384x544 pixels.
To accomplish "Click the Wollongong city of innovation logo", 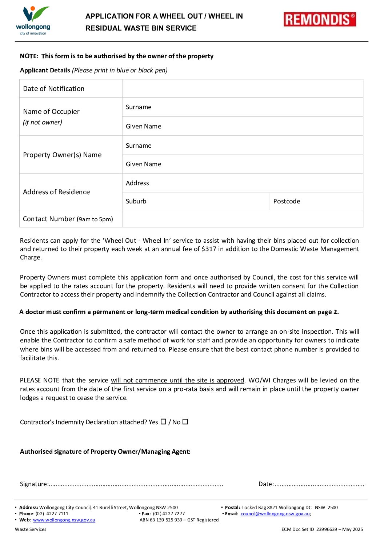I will point(33,20).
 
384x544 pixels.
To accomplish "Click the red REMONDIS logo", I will point(320,19).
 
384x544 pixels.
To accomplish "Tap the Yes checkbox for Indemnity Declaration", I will point(163,421).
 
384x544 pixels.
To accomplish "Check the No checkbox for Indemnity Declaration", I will point(185,421).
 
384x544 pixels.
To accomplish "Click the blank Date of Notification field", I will point(242,88).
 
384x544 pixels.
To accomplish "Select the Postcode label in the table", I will point(287,201).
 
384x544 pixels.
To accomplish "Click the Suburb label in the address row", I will point(136,201).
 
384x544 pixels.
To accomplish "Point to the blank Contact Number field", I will point(242,219).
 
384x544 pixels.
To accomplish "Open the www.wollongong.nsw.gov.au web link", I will point(64,520).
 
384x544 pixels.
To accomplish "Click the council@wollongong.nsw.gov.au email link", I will point(275,513).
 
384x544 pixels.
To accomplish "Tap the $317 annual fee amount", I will point(209,249).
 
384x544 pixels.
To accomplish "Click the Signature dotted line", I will point(136,484).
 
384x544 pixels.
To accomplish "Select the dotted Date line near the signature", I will point(319,484).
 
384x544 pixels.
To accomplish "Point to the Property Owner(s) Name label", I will point(62,155).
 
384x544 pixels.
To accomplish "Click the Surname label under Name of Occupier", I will point(139,107).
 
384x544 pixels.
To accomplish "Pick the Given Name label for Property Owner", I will point(143,164).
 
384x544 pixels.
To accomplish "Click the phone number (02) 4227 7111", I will point(52,513).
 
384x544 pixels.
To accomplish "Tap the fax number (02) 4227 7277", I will point(169,513).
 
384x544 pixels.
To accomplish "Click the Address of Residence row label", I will point(56,192).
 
